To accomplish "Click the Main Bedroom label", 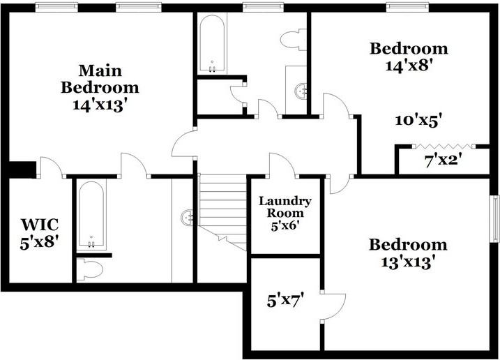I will point(99,79).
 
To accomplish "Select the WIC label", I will point(39,225).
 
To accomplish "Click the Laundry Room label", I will point(285,207).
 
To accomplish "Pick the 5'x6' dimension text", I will point(285,226).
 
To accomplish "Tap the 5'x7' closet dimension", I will point(285,301).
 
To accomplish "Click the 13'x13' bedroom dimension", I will point(408,263).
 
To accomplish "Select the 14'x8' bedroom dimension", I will point(408,67).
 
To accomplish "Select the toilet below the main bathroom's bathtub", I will point(89,268).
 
